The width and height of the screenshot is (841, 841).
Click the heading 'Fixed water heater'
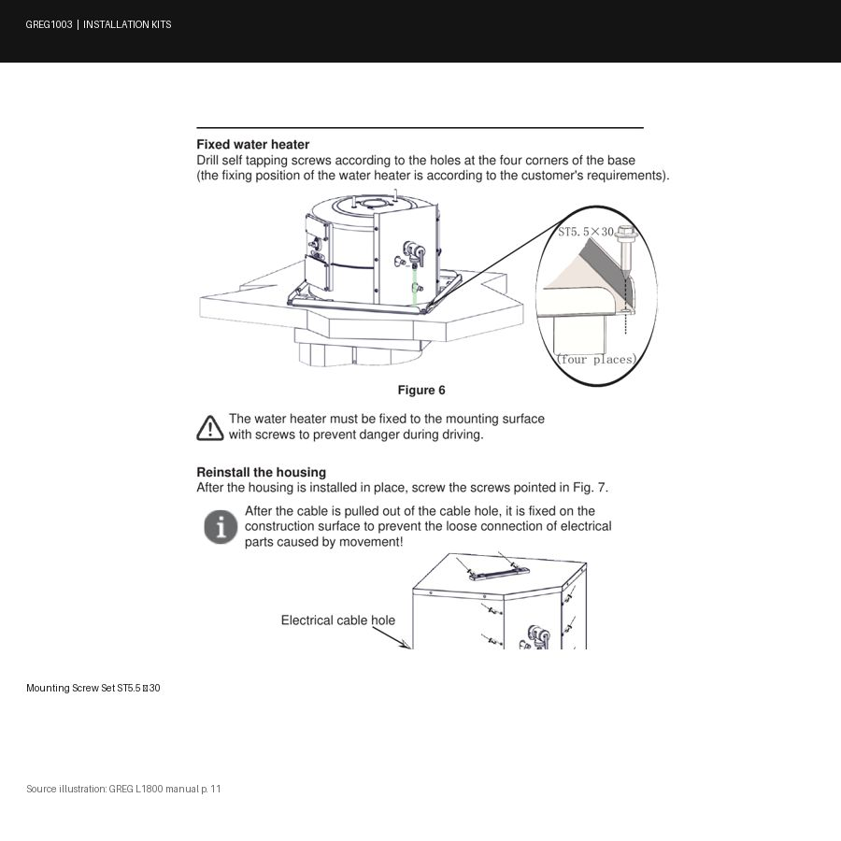pos(252,144)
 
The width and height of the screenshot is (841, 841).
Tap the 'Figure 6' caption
pos(421,390)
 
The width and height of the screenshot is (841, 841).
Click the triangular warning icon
pos(209,428)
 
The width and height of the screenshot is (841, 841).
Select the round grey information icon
pos(221,527)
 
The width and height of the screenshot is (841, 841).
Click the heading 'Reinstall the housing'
pos(262,472)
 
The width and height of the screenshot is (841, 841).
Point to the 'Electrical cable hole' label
pos(338,620)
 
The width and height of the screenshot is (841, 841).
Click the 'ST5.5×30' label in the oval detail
pos(586,232)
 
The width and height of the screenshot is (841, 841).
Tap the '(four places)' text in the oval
pos(596,359)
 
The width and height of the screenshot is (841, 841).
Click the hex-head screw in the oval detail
pos(625,252)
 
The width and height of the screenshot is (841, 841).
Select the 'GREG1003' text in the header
pos(49,24)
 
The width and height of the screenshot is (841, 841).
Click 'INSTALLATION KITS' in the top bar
pos(127,24)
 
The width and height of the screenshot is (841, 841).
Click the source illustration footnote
pos(123,789)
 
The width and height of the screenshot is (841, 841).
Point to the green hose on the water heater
pos(414,287)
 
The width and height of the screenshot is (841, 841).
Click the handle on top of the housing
pos(499,573)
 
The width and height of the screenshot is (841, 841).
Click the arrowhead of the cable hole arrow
pos(405,644)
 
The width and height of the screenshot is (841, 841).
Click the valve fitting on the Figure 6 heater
pos(414,252)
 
